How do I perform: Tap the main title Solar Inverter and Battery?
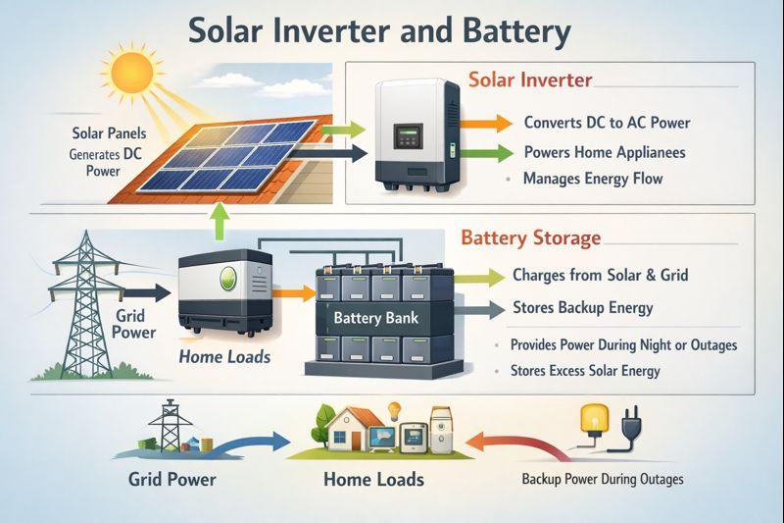(378, 31)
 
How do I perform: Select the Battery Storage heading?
(530, 238)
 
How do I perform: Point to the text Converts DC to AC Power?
(607, 123)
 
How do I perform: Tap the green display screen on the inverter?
(410, 135)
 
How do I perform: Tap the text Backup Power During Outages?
(602, 479)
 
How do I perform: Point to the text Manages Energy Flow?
(592, 179)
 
